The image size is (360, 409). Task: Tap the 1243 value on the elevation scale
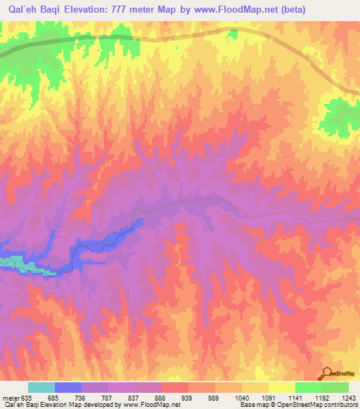click(x=346, y=398)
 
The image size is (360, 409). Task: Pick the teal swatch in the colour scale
click(x=41, y=387)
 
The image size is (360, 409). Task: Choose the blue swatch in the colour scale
click(x=68, y=387)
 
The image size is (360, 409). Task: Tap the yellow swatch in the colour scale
click(x=282, y=387)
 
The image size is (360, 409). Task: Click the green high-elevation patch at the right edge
click(x=343, y=112)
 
